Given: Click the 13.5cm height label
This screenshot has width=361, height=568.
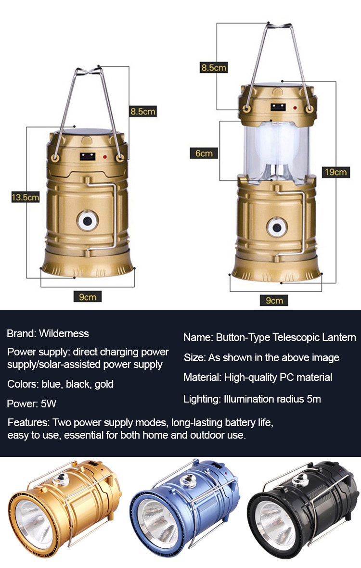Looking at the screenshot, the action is pos(25,197).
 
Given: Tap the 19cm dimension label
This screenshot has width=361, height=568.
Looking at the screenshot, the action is pos(335,172).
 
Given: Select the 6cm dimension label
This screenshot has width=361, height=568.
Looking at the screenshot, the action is pos(204,153).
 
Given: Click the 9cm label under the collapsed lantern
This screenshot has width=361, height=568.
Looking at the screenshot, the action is pos(88,297).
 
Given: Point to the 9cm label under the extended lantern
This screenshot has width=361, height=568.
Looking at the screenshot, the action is pos(274,300).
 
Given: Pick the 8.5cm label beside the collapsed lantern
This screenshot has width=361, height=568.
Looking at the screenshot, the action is pos(143,112).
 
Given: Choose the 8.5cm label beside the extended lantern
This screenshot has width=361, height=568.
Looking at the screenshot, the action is pos(214,67).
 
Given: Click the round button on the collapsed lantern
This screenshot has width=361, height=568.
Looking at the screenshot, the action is pos(87,220).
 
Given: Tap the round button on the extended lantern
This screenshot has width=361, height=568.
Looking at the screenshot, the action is pos(277,228).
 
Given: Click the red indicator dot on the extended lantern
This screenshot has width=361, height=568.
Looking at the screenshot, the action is pos(295,108).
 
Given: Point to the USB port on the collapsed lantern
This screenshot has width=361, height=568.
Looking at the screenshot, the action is pos(88,157).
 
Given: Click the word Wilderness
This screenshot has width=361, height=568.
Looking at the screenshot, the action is pos(64,333).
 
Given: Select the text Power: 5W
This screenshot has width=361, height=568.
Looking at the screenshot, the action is pos(32,404).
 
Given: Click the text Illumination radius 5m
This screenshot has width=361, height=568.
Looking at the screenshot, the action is pos(272,399).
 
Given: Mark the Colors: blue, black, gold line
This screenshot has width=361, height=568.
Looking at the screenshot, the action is pos(61,384).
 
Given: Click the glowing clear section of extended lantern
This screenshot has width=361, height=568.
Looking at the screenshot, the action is pos(276,151).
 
